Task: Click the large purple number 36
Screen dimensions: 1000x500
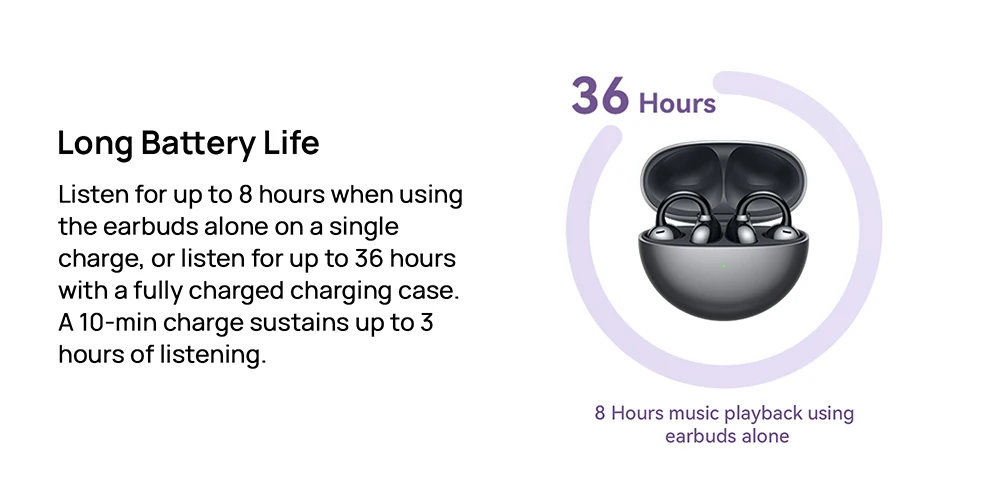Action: (600, 96)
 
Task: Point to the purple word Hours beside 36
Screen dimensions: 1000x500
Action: (677, 103)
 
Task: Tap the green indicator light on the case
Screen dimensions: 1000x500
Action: (724, 265)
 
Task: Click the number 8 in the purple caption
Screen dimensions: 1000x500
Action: (600, 413)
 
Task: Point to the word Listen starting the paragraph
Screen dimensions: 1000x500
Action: (93, 195)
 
